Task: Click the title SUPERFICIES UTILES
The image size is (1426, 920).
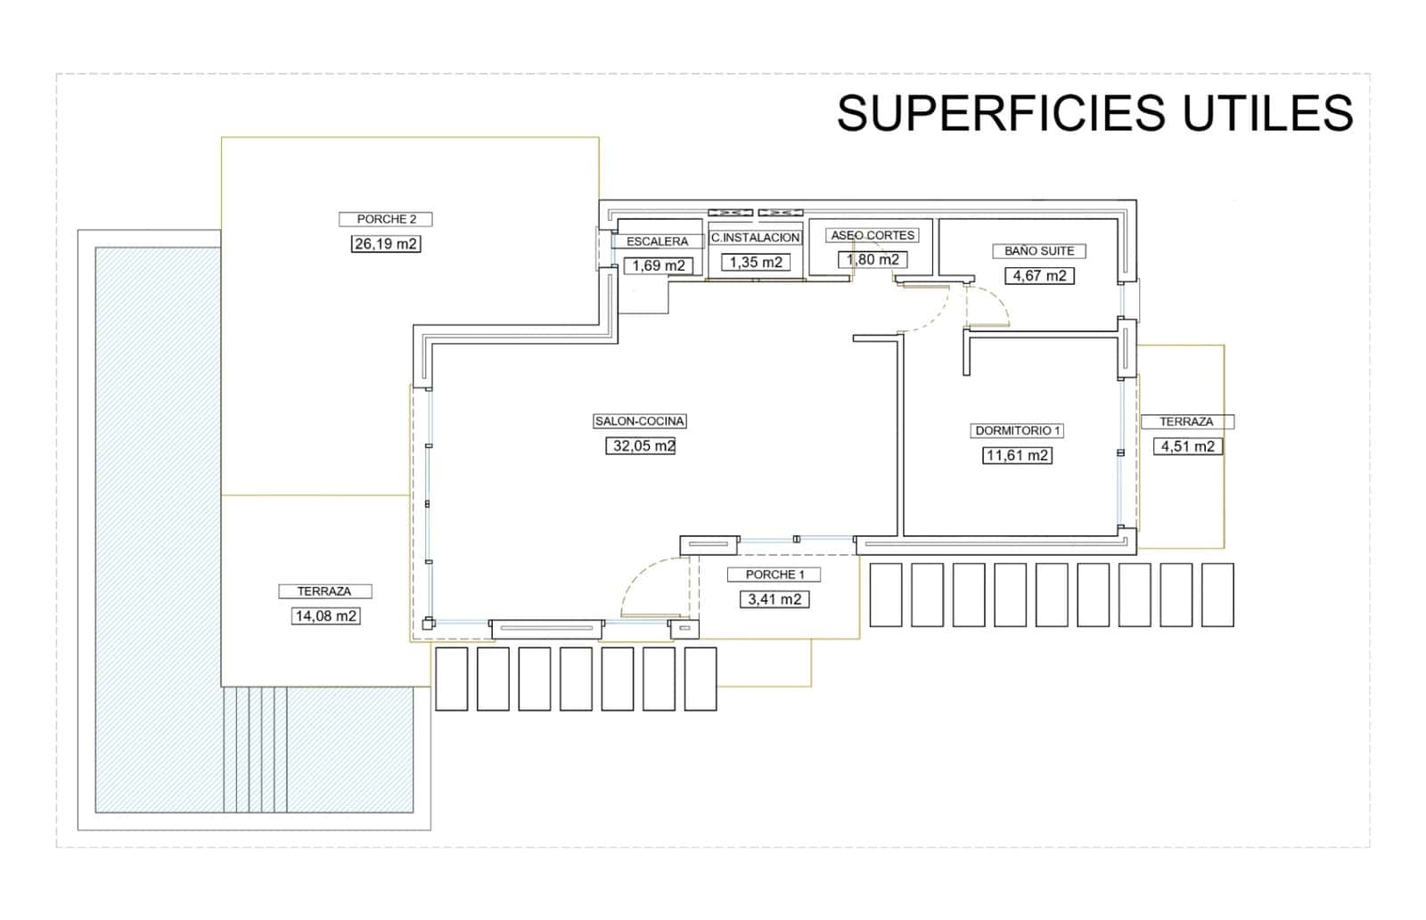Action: coord(1094,113)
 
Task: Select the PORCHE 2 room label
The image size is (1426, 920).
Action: coord(386,219)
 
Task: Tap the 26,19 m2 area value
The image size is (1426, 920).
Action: coord(386,243)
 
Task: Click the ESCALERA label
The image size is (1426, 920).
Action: coord(658,241)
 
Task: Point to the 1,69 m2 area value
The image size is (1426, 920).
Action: coord(659,265)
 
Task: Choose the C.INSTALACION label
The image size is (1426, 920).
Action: coord(756,238)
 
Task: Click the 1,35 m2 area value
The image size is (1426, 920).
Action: coord(756,262)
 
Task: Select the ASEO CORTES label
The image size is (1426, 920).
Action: coord(873,235)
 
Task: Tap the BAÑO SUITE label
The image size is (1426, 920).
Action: coord(1039,251)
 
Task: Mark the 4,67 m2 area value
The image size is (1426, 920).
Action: coord(1039,276)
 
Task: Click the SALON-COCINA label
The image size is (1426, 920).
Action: coord(640,421)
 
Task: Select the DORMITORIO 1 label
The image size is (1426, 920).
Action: coord(1018,431)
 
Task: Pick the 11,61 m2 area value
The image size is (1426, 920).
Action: coord(1017,456)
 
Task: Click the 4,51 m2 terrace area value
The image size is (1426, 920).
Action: coord(1188,446)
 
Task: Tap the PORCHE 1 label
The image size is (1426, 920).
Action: coord(774,574)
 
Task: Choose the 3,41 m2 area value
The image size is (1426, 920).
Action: coord(774,599)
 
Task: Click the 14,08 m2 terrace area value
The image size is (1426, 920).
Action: coord(326,615)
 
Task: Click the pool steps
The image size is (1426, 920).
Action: coord(255,748)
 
